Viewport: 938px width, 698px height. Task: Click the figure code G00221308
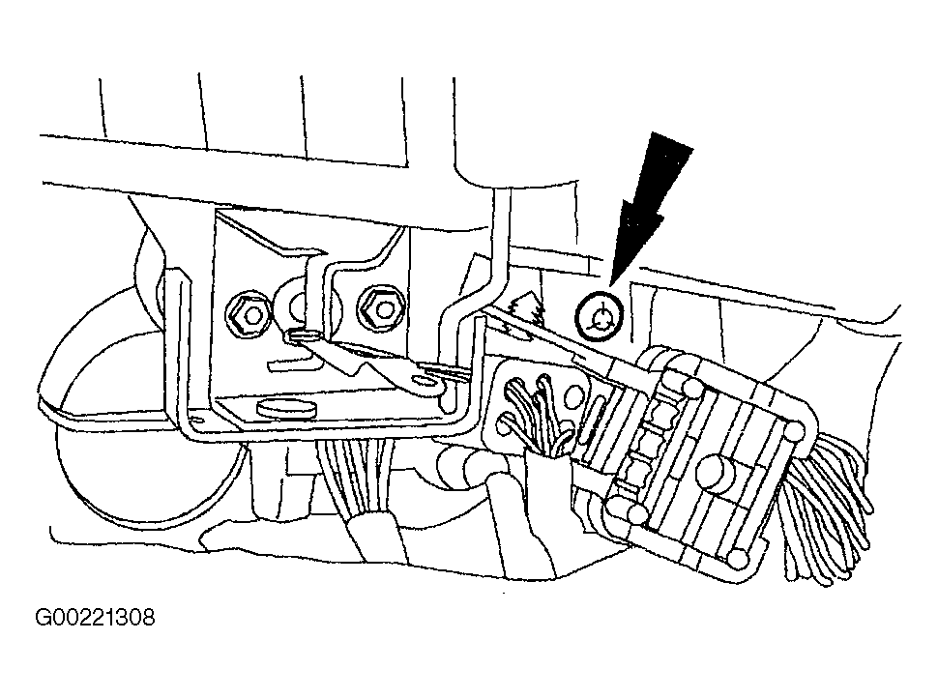click(95, 617)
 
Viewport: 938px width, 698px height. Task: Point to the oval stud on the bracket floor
click(286, 408)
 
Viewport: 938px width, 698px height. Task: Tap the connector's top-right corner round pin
click(795, 432)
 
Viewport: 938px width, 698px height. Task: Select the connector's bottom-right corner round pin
click(738, 559)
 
